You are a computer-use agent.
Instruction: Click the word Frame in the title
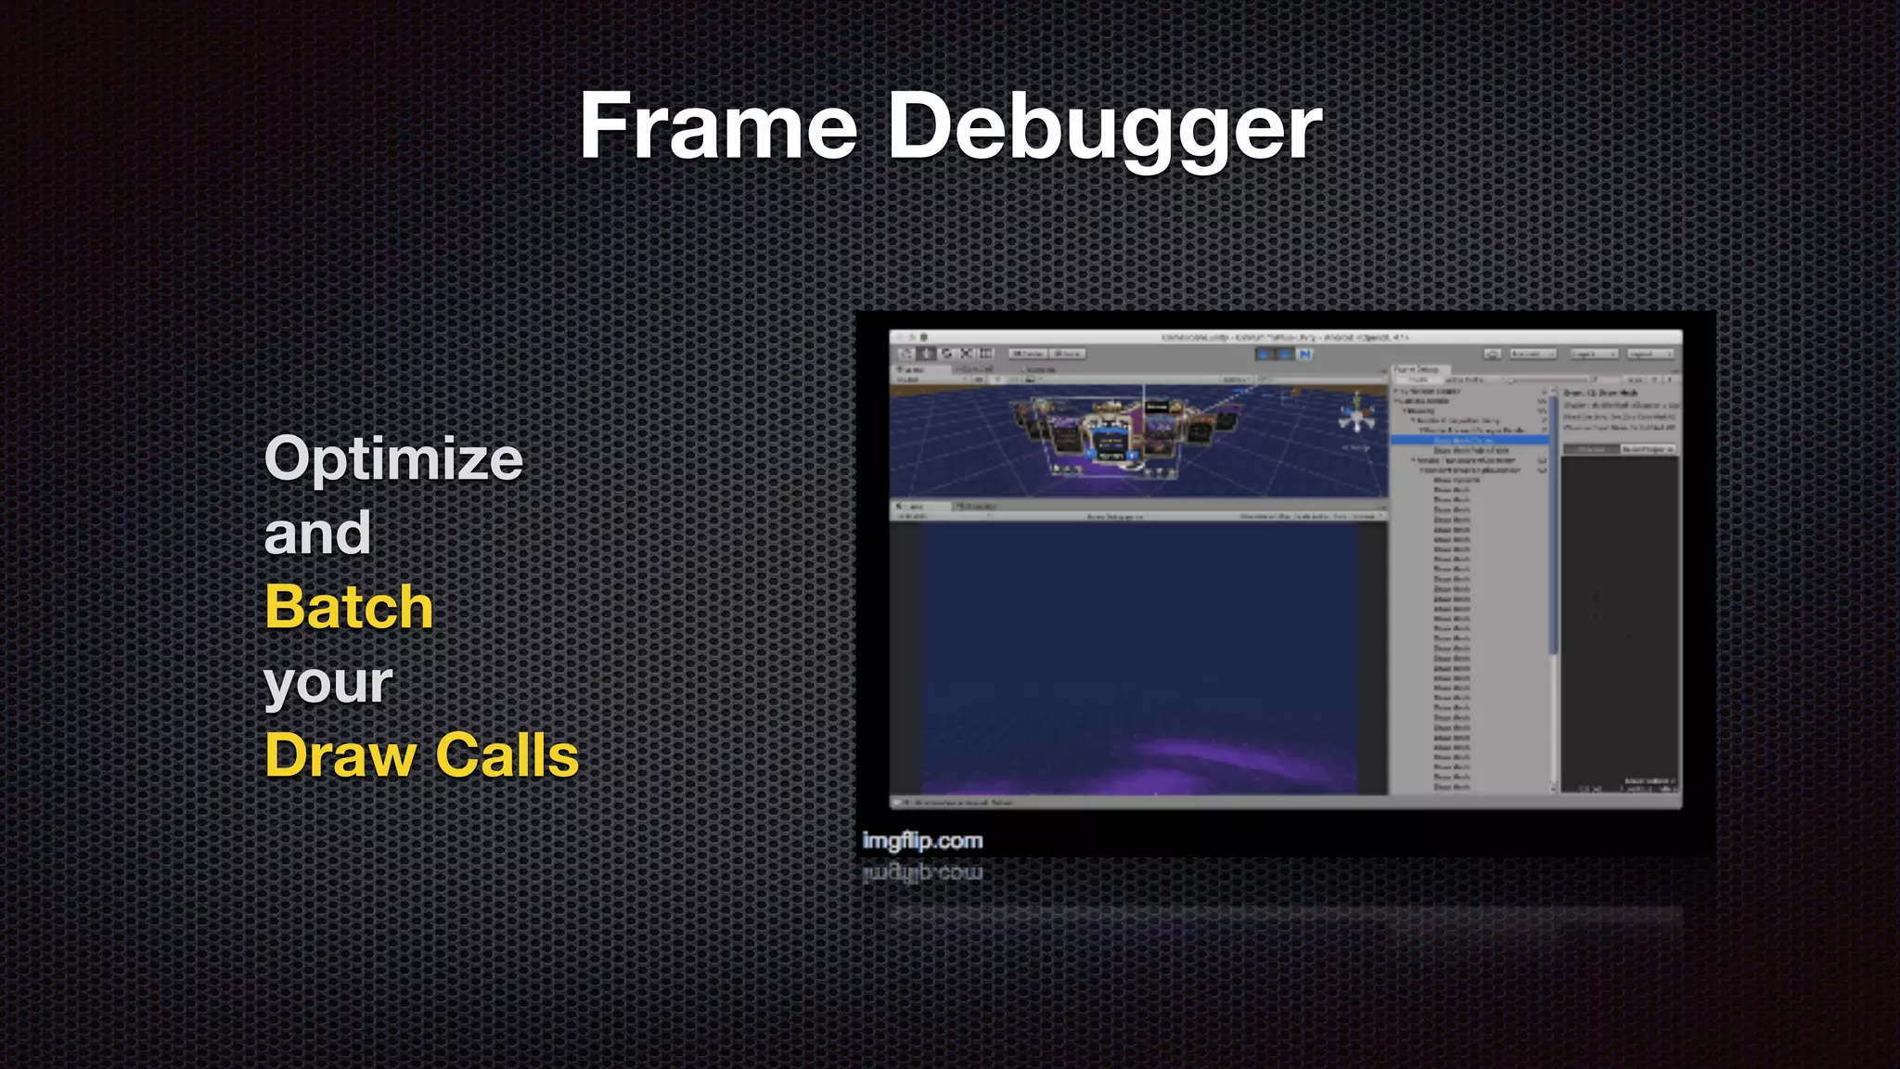(x=718, y=126)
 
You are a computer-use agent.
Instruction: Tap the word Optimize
(x=393, y=458)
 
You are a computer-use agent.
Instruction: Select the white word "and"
(x=317, y=533)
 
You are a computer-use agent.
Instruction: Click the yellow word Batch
(x=349, y=607)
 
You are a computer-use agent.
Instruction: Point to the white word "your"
(x=328, y=683)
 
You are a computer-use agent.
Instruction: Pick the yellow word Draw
(x=340, y=754)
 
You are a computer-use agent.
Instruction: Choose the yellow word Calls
(x=507, y=754)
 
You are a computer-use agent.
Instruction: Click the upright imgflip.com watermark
(x=921, y=841)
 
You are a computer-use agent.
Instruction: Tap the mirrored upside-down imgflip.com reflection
(x=921, y=873)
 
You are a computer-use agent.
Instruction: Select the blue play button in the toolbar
(x=1263, y=354)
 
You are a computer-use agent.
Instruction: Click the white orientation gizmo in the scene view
(x=1355, y=415)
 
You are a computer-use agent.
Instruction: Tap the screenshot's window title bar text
(x=1285, y=338)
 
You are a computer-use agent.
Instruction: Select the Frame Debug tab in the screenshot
(x=1417, y=369)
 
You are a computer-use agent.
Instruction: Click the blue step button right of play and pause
(x=1305, y=354)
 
